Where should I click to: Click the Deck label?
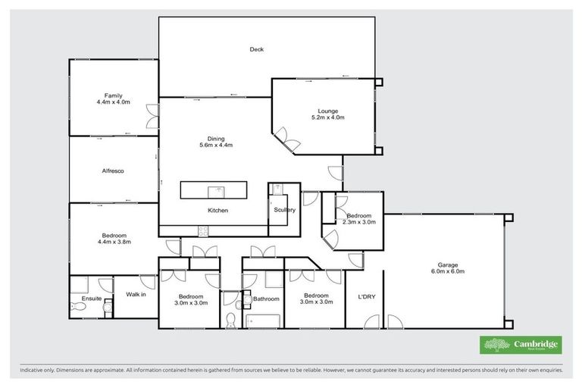pyautogui.click(x=257, y=50)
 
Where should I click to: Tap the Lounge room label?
pyautogui.click(x=328, y=111)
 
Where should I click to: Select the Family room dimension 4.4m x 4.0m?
pyautogui.click(x=113, y=102)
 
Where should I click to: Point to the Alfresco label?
pyautogui.click(x=113, y=171)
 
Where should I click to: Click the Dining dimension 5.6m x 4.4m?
pyautogui.click(x=215, y=145)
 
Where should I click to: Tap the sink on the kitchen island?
pyautogui.click(x=218, y=189)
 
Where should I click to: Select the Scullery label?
pyautogui.click(x=284, y=210)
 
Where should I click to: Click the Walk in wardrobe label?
pyautogui.click(x=136, y=294)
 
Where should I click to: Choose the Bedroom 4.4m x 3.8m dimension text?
pyautogui.click(x=114, y=242)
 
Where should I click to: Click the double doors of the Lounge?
pyautogui.click(x=286, y=139)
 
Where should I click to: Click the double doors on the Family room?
pyautogui.click(x=153, y=114)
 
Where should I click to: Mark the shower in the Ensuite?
pyautogui.click(x=80, y=286)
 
